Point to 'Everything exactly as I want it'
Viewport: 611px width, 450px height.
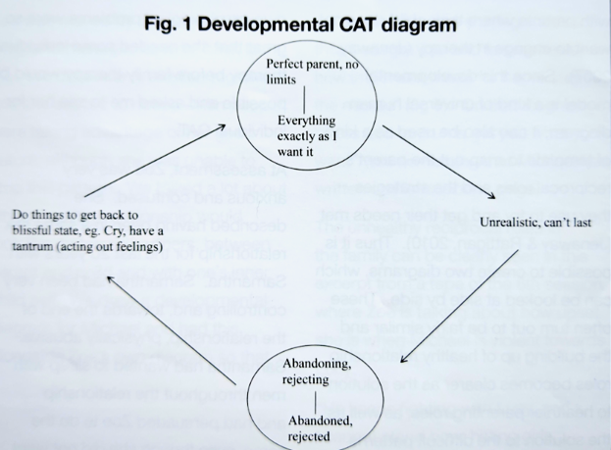coord(306,135)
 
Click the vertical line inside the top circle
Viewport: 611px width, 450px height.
coord(306,99)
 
